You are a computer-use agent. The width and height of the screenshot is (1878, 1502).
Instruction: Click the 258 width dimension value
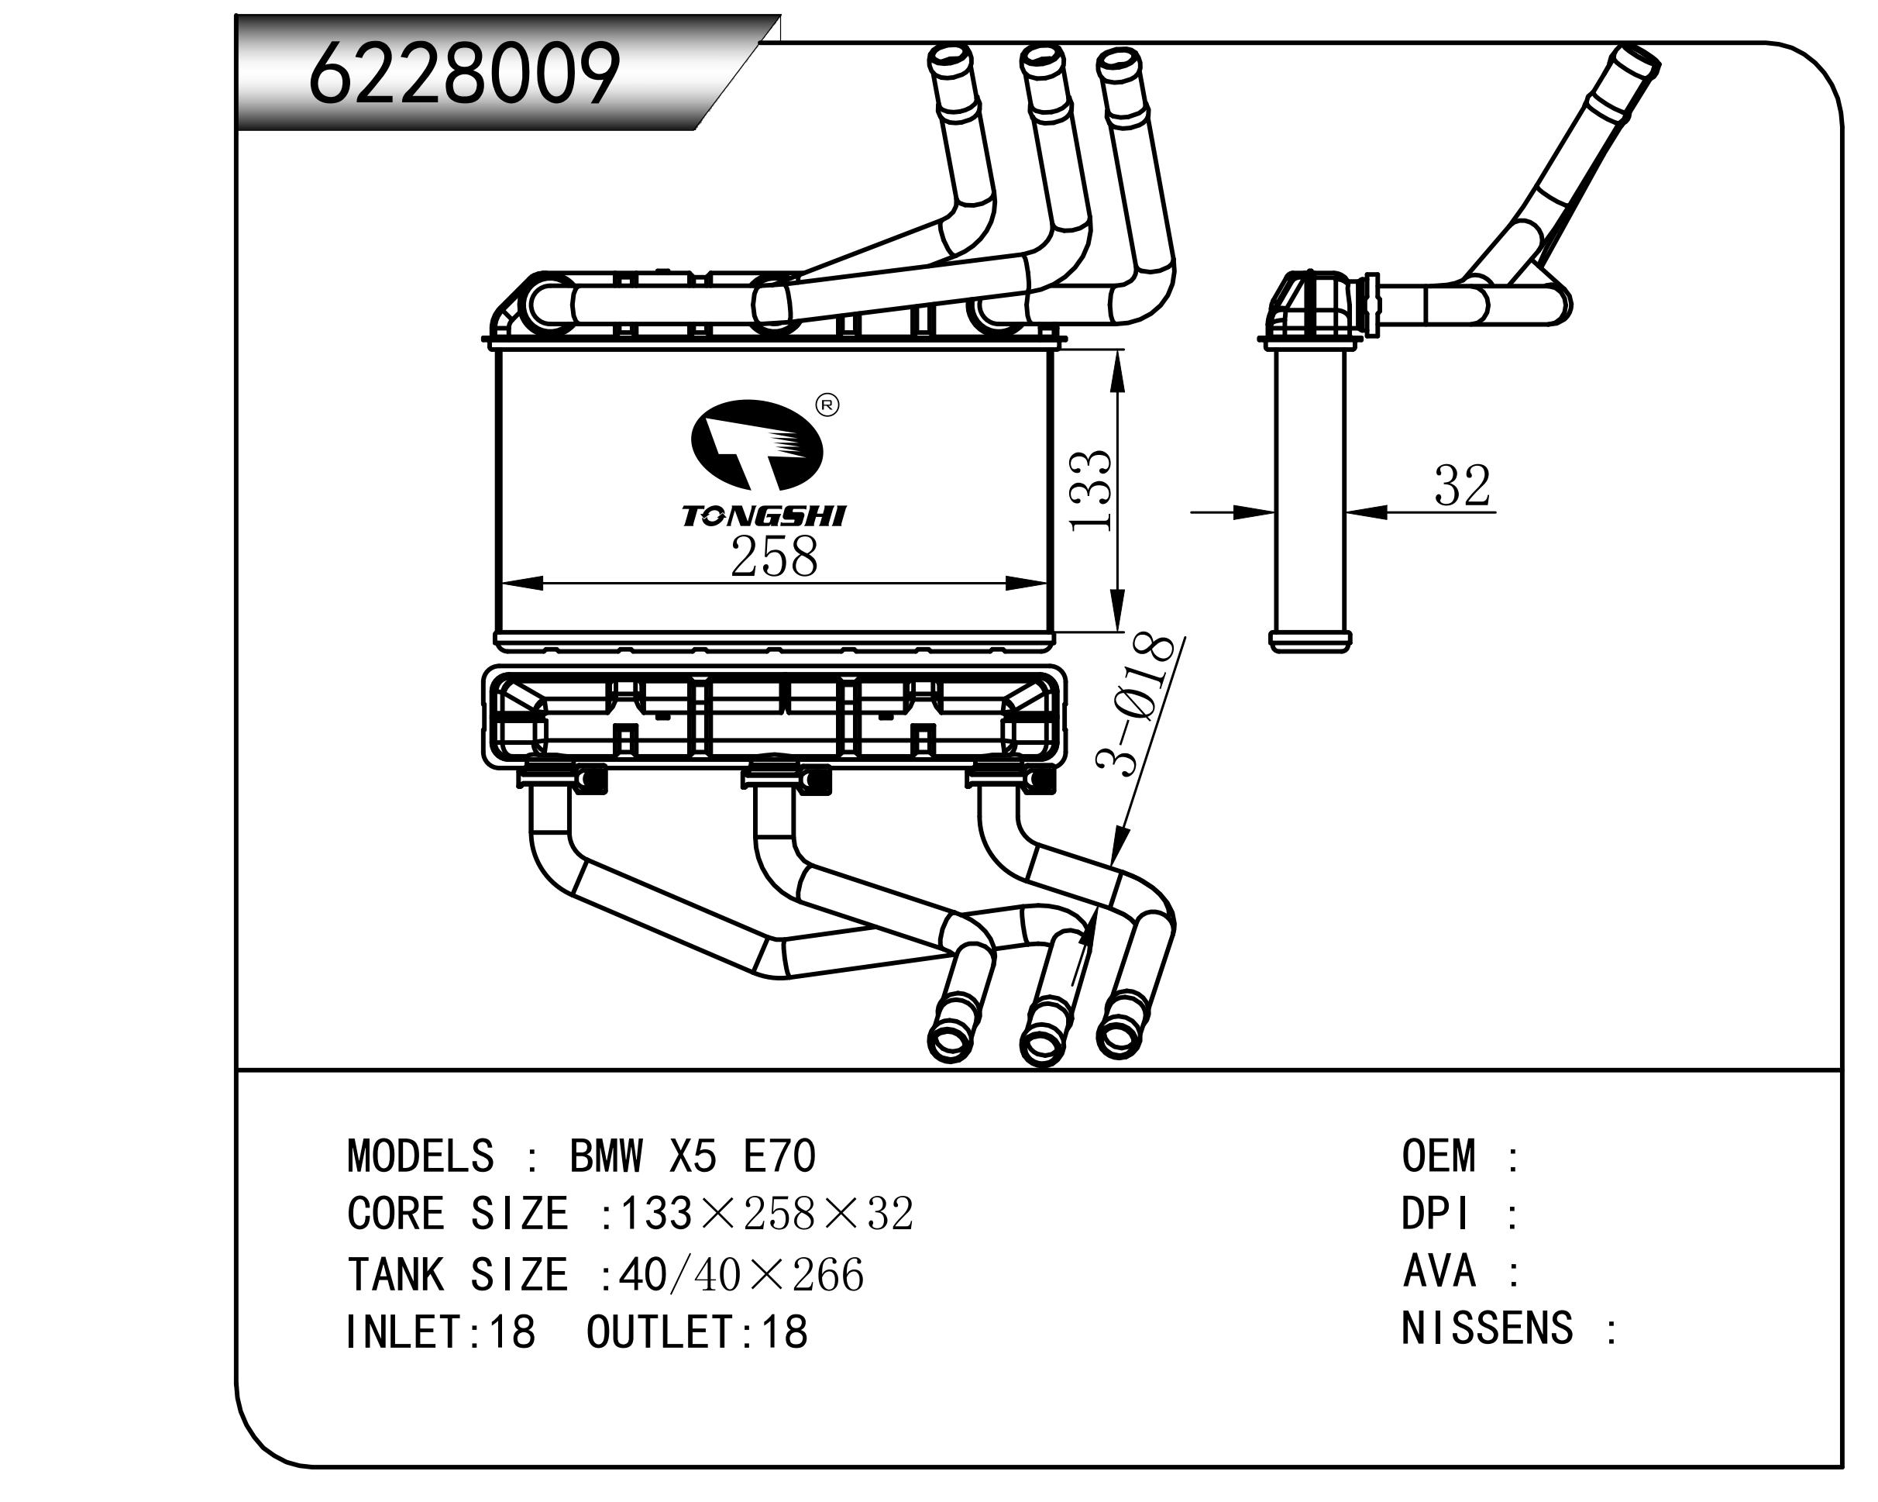[x=773, y=557]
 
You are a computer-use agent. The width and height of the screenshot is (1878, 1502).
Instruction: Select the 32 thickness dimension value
[x=1463, y=486]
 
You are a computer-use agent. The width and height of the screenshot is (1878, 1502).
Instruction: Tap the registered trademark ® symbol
[x=827, y=405]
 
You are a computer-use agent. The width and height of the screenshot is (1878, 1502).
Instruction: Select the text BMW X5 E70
[x=693, y=1156]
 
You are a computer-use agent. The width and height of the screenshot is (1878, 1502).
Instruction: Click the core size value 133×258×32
[x=765, y=1214]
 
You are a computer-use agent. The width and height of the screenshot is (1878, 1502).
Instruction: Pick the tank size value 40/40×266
[x=741, y=1275]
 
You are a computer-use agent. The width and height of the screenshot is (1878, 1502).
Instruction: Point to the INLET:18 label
[x=440, y=1332]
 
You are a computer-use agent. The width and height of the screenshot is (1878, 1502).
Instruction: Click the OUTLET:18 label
[x=697, y=1332]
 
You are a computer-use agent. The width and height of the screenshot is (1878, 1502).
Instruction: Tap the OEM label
[x=1439, y=1156]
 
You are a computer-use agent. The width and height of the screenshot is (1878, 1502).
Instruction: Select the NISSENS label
[x=1487, y=1328]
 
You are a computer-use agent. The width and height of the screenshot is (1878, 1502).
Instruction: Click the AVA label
[x=1439, y=1271]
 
